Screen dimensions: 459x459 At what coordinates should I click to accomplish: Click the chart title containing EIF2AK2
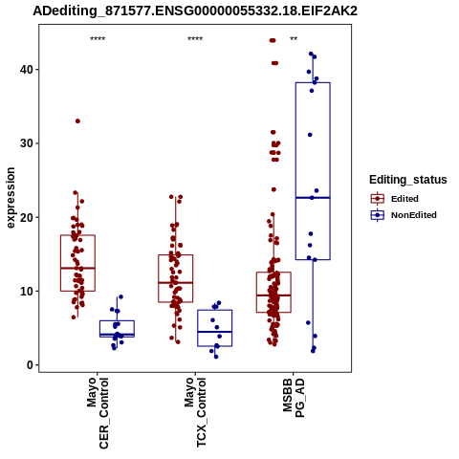click(195, 11)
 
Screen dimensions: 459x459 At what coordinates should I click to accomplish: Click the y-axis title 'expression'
click(11, 198)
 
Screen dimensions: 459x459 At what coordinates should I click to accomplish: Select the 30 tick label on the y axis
click(27, 143)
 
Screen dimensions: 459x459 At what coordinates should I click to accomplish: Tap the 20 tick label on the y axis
click(27, 217)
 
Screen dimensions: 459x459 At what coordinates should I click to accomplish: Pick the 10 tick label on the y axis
click(27, 292)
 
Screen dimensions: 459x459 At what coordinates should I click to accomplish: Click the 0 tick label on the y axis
click(31, 365)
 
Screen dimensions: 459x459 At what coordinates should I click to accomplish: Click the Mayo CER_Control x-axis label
click(98, 413)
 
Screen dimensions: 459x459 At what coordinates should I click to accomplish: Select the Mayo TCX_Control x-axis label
click(195, 412)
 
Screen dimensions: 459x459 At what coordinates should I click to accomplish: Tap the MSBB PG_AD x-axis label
click(294, 398)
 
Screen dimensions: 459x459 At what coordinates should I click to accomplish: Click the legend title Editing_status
click(408, 180)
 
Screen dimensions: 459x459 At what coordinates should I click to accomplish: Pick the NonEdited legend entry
click(404, 215)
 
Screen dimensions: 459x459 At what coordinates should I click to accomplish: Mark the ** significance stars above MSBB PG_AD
click(294, 39)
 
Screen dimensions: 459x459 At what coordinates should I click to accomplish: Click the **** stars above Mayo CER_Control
click(98, 39)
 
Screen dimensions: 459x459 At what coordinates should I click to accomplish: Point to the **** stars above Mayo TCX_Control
click(195, 39)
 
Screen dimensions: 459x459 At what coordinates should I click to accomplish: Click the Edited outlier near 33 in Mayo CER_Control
click(77, 121)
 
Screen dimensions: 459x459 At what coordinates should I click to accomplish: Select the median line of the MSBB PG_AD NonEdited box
click(313, 198)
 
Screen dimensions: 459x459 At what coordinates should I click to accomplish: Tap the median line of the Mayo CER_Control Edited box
click(77, 268)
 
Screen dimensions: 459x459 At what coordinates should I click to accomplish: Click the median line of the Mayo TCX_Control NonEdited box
click(214, 332)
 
